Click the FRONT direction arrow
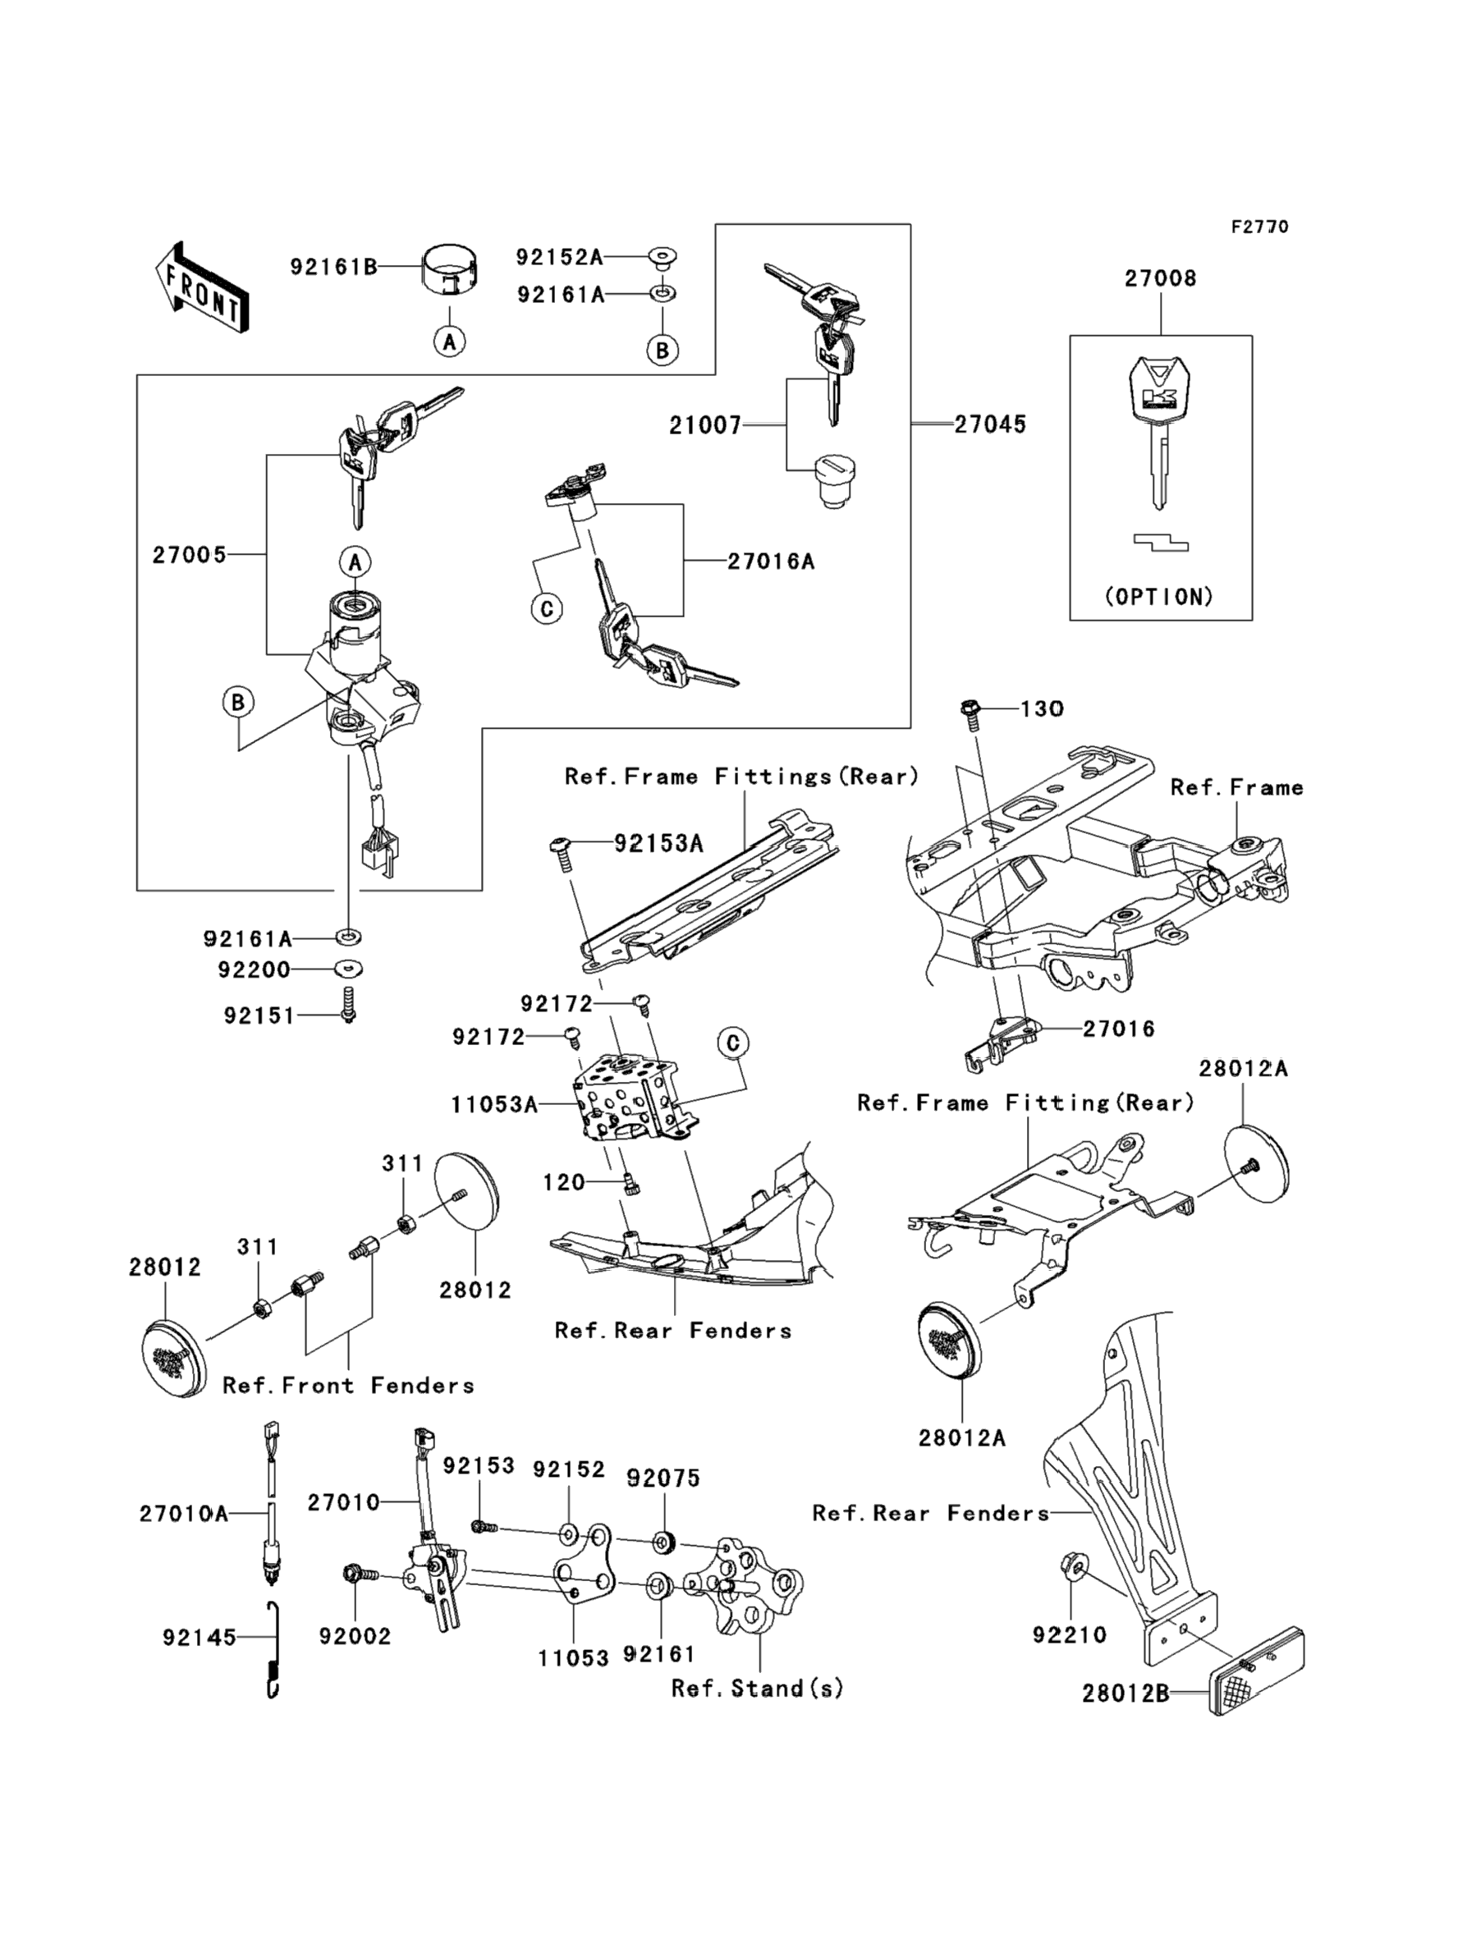[202, 287]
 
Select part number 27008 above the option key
[1160, 278]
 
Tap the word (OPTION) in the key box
[1159, 597]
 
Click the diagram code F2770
[1259, 227]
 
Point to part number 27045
[990, 424]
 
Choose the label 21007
[705, 426]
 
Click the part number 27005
[190, 555]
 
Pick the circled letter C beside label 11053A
[732, 1043]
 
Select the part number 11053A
[493, 1104]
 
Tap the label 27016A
[771, 562]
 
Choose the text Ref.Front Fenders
[348, 1386]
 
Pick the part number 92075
[663, 1478]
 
